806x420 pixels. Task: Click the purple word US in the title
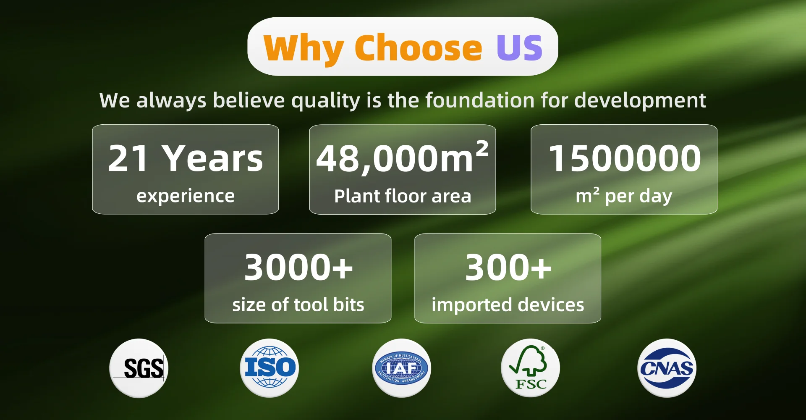(x=519, y=47)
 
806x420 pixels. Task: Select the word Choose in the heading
(x=419, y=47)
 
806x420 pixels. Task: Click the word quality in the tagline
(x=325, y=101)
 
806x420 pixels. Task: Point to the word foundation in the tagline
(x=480, y=100)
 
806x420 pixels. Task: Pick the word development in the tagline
(x=640, y=101)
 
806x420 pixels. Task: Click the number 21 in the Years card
(x=128, y=158)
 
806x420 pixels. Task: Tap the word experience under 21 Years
(x=186, y=197)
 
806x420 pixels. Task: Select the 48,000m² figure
(x=402, y=157)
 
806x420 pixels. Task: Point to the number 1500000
(x=625, y=158)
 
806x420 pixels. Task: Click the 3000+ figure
(x=298, y=267)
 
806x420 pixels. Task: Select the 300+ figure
(x=508, y=267)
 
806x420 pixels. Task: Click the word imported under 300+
(x=472, y=305)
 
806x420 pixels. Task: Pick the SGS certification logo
(x=139, y=368)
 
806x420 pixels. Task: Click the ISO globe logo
(x=270, y=368)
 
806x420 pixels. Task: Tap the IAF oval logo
(x=402, y=368)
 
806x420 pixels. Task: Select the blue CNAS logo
(x=667, y=368)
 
